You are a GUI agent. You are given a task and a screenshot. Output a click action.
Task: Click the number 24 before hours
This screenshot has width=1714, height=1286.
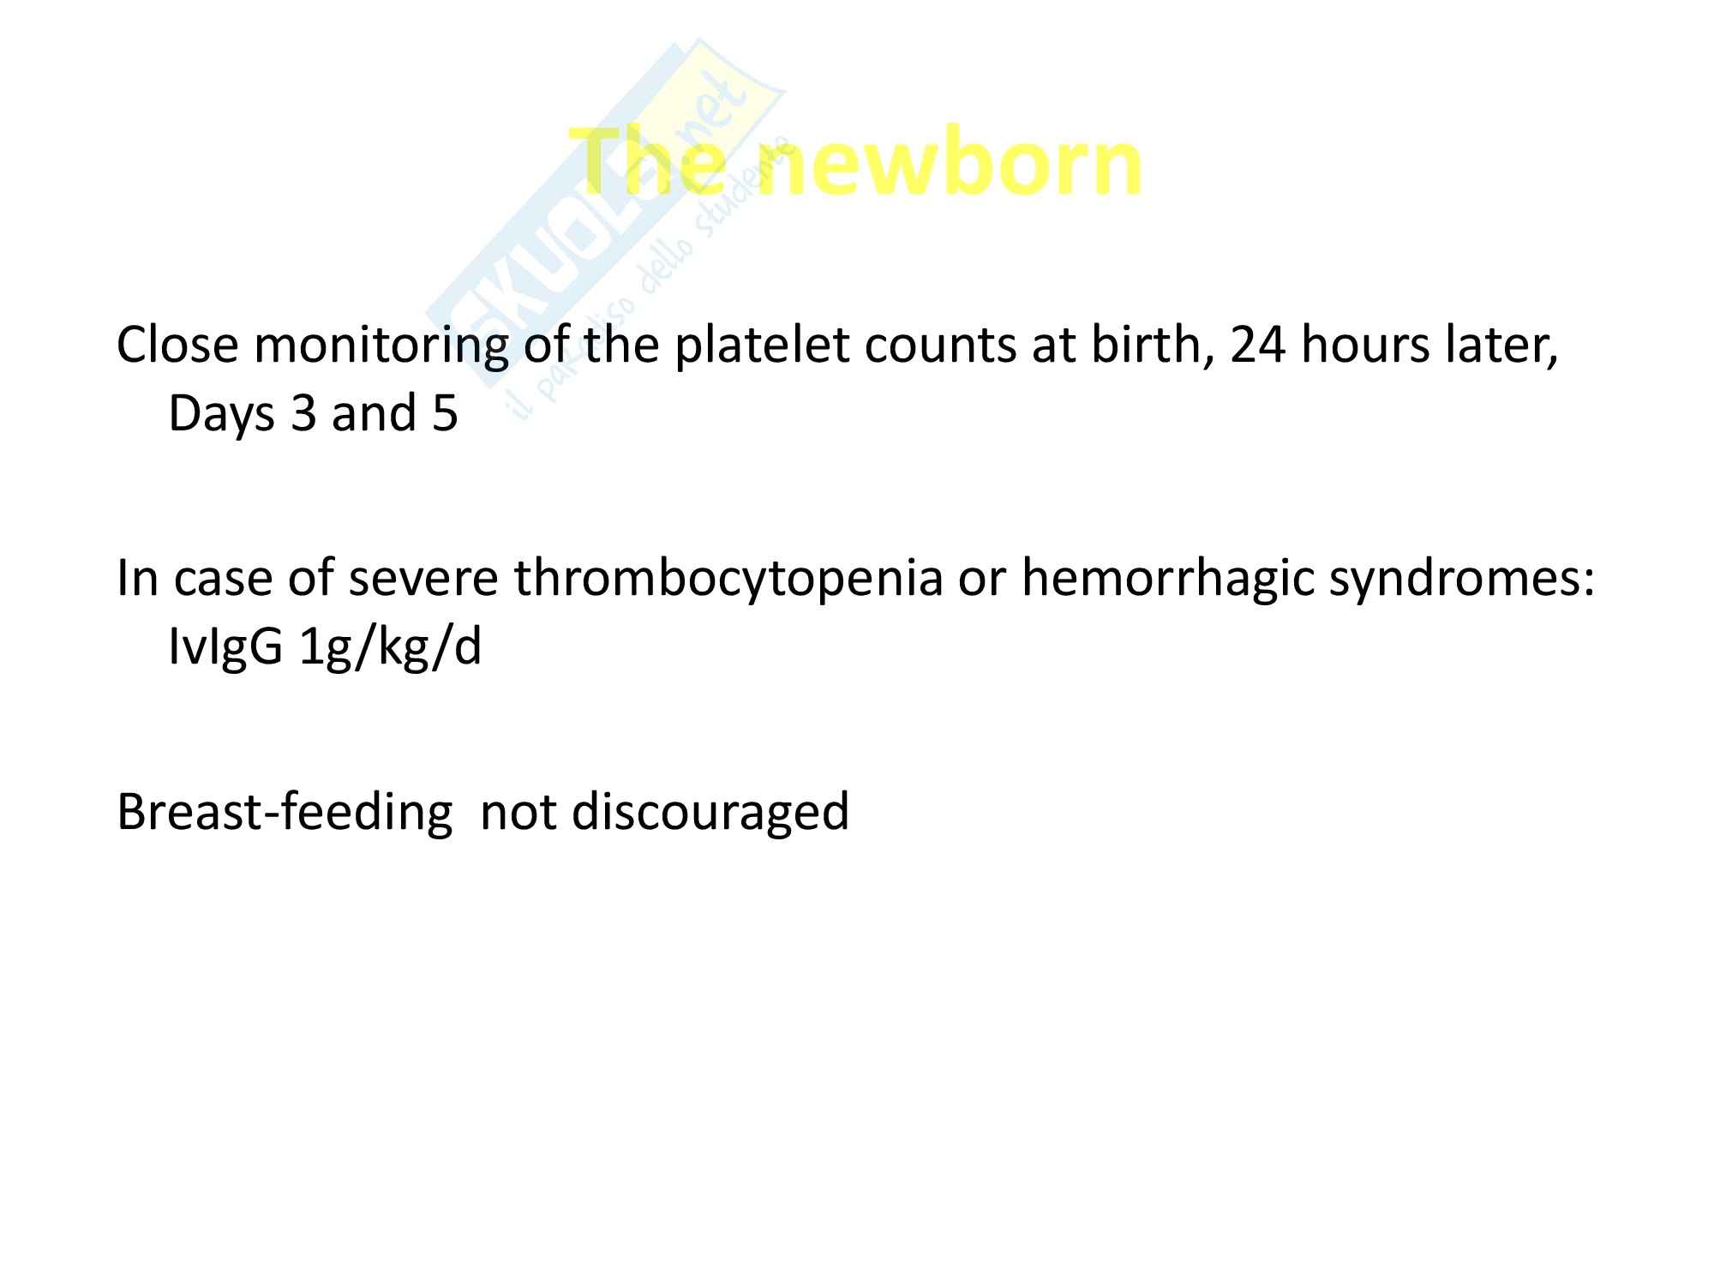pyautogui.click(x=1258, y=346)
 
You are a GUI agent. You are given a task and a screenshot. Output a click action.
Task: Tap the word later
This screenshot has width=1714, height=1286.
pyautogui.click(x=1496, y=346)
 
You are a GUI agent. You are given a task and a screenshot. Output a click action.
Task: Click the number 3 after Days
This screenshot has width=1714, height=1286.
pyautogui.click(x=303, y=414)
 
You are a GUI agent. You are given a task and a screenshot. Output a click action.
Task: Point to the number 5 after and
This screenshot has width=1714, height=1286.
pyautogui.click(x=444, y=414)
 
